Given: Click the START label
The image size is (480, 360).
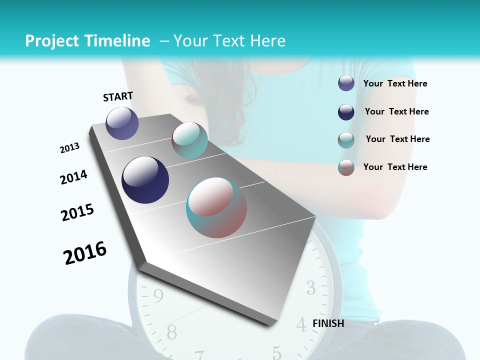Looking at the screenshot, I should (118, 96).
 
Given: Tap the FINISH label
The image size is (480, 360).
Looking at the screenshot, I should (328, 323).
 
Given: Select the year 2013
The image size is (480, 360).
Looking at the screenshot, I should (69, 148).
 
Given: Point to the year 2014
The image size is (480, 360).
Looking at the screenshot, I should (73, 177).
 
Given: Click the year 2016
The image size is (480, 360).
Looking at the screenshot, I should (85, 252).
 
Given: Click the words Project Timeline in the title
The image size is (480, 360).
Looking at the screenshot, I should (87, 41).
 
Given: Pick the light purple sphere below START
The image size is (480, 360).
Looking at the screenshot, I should (122, 123).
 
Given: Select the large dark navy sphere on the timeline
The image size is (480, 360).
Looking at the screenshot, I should (145, 180).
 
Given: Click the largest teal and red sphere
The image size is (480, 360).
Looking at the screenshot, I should (216, 207).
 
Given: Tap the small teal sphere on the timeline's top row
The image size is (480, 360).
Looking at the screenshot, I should (189, 139).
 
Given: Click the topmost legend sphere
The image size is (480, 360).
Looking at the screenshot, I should (346, 83).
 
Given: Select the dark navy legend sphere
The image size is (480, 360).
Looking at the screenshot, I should (346, 112).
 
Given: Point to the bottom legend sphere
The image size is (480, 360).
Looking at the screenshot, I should (346, 167).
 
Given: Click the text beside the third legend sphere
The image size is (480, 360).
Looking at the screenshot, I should (397, 139).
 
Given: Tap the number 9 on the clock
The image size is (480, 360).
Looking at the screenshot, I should (158, 296).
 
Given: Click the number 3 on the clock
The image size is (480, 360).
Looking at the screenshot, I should (311, 287).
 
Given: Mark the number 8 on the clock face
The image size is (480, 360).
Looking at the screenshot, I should (171, 331).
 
